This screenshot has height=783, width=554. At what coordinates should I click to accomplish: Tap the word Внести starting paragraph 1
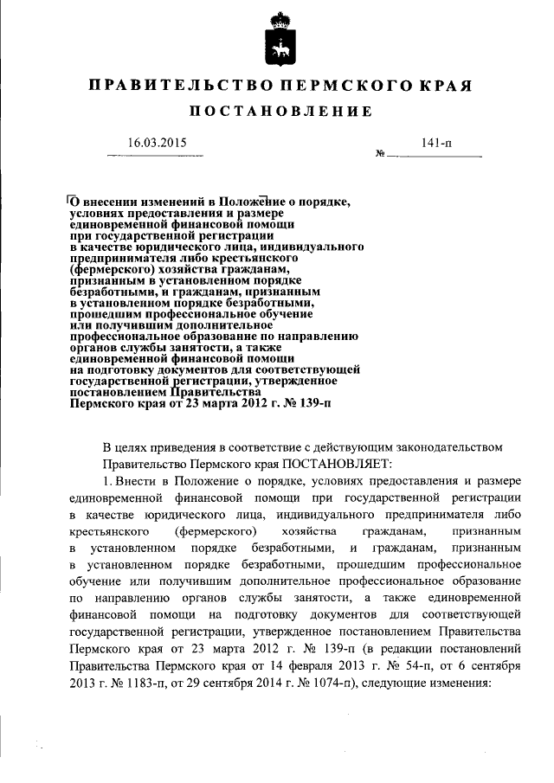point(137,481)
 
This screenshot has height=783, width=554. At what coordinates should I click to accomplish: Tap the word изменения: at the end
point(457,681)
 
